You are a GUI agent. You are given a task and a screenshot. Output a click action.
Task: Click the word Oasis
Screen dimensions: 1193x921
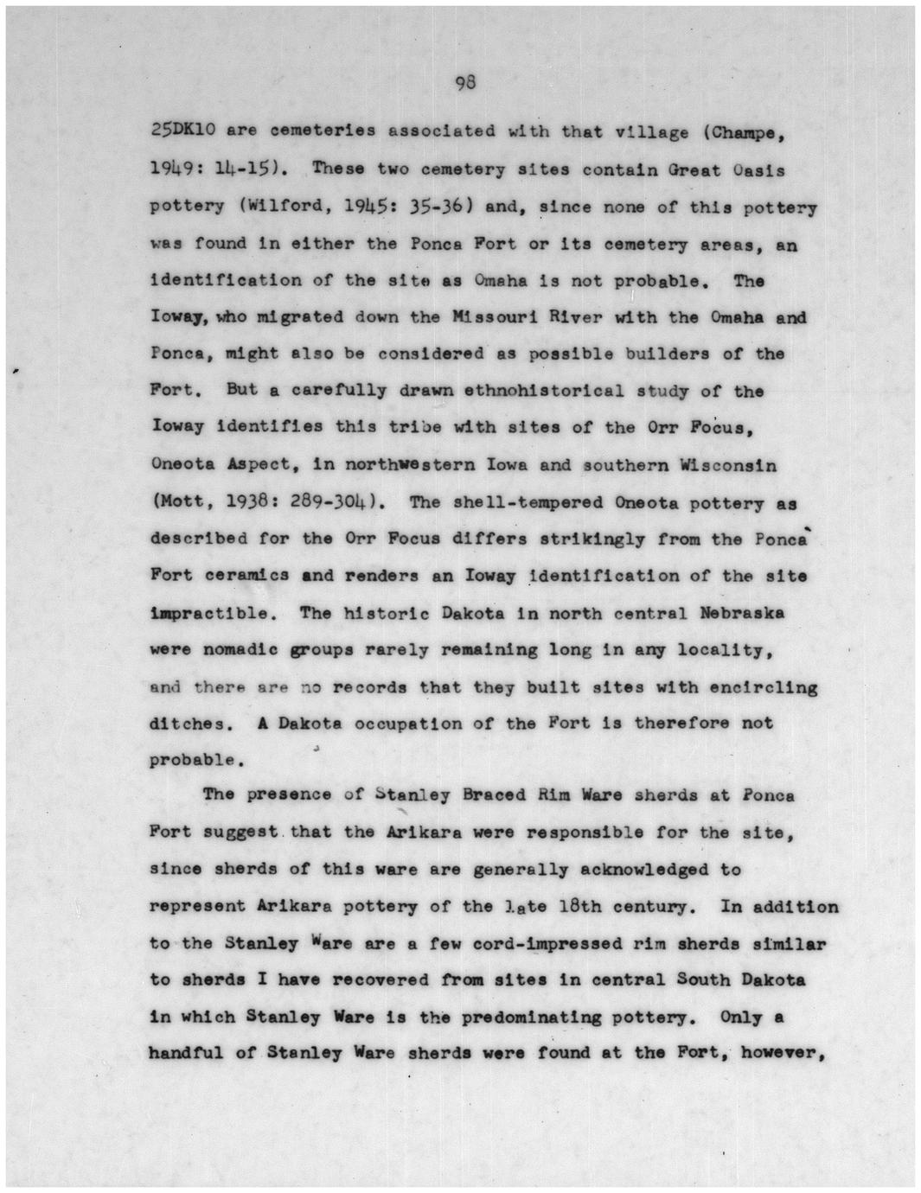[758, 169]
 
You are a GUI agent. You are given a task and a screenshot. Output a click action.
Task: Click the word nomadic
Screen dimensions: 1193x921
[233, 650]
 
